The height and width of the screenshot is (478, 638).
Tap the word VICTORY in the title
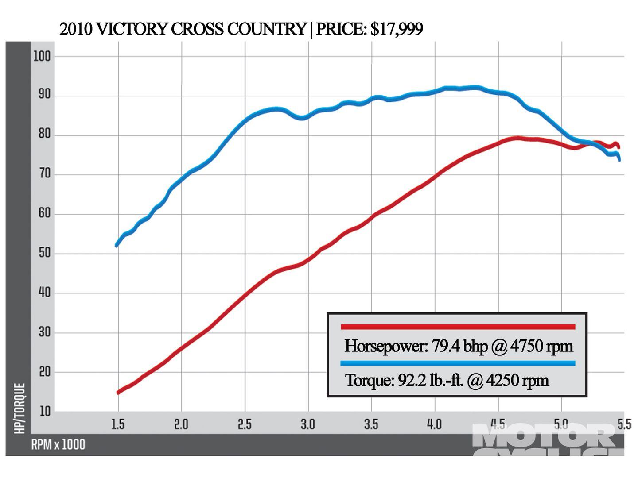132,29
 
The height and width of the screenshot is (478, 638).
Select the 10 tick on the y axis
45,411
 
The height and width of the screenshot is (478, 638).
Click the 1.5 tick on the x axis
118,424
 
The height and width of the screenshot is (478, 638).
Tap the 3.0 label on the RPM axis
307,424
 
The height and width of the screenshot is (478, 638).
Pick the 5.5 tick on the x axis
624,424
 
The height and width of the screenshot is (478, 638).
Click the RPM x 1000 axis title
58,444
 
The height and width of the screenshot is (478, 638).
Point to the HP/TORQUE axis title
19,408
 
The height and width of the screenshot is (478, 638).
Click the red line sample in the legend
458,327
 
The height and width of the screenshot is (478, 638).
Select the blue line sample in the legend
458,363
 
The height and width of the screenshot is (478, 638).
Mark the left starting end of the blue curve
117,246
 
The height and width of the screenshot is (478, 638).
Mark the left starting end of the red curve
118,393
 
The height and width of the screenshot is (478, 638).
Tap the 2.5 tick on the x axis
245,424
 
